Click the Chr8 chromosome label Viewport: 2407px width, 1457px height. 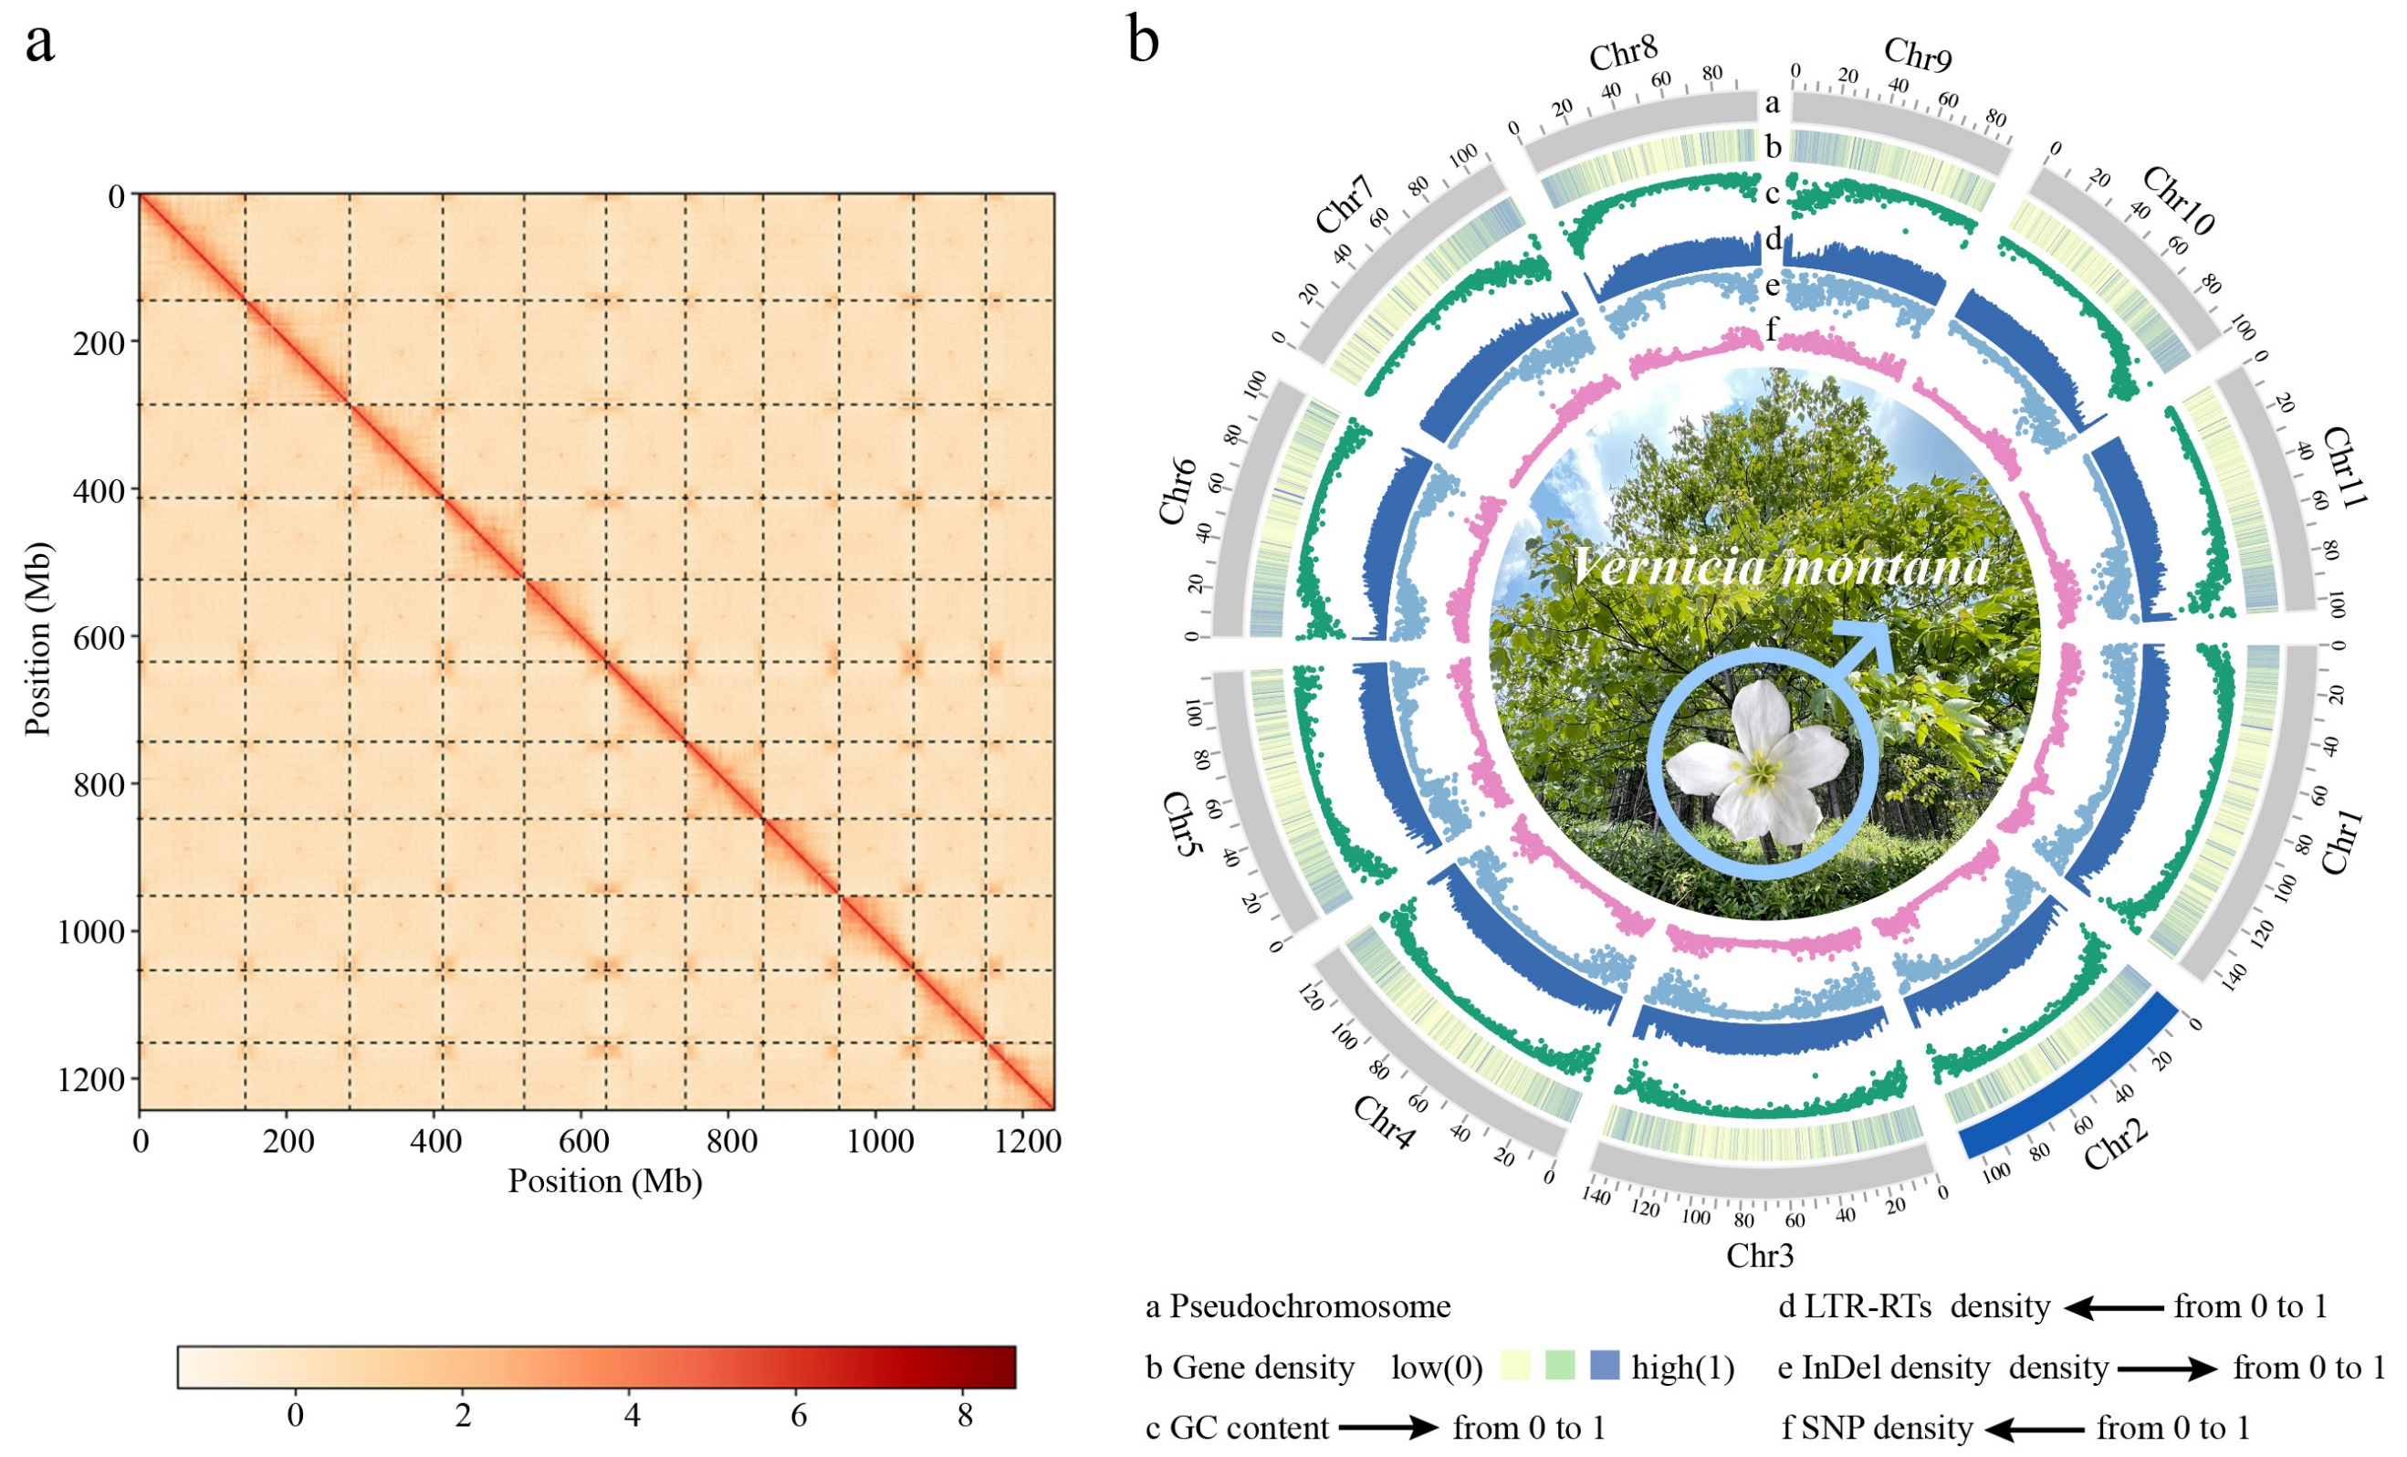(x=1624, y=57)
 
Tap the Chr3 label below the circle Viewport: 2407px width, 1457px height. (x=1761, y=1254)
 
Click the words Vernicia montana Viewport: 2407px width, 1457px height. (x=1780, y=567)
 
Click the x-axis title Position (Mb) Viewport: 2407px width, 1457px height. (x=604, y=1182)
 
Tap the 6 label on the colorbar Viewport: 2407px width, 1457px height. (x=799, y=1416)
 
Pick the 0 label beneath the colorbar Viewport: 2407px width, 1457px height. (x=295, y=1416)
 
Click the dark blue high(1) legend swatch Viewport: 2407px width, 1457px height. (x=1604, y=1365)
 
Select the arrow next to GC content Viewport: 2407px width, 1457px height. (x=1388, y=1428)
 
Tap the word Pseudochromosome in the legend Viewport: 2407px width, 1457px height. (x=1310, y=1306)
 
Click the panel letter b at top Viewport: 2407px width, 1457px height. (x=1144, y=41)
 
